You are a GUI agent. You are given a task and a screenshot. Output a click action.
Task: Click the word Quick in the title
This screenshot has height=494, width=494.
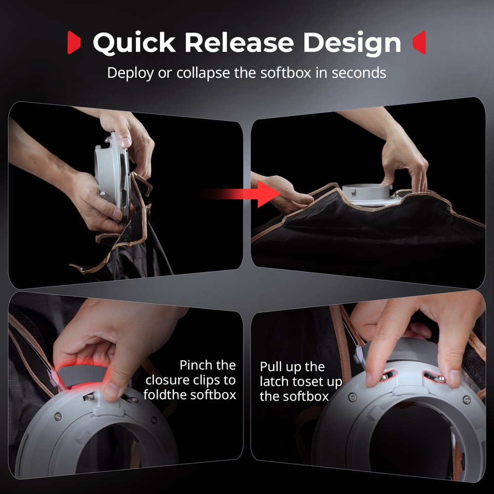(133, 43)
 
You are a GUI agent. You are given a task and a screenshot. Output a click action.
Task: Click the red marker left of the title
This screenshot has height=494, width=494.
(74, 43)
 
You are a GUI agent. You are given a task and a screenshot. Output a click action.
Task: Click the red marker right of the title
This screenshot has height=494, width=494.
(419, 43)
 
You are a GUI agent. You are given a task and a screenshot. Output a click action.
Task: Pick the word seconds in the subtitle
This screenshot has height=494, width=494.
(359, 73)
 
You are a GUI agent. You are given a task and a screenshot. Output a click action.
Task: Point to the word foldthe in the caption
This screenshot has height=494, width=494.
(166, 395)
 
